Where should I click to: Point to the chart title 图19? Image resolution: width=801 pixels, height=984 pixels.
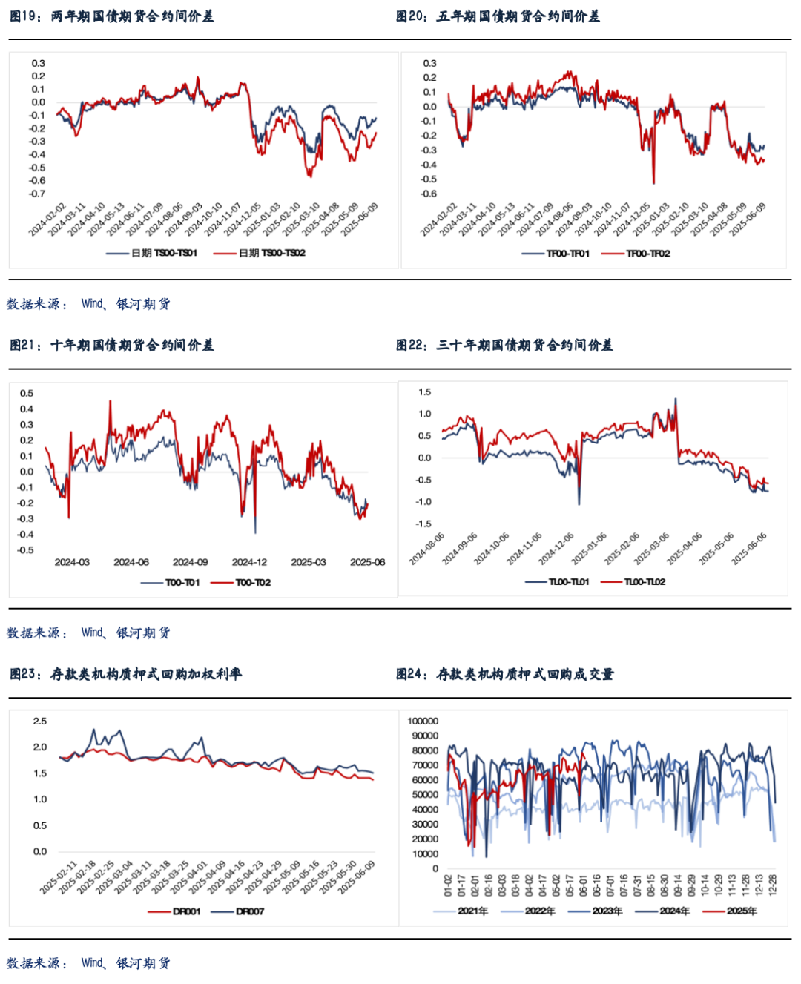[111, 16]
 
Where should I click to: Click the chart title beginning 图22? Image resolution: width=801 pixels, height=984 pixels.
[504, 346]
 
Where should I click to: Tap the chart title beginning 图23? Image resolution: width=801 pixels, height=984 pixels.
[125, 674]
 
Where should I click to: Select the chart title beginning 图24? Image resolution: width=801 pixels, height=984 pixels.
[504, 674]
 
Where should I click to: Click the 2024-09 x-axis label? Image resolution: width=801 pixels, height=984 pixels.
[190, 562]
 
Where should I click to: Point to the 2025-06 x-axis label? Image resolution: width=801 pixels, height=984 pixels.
[367, 562]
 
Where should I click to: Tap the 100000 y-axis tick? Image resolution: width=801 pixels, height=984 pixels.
[423, 721]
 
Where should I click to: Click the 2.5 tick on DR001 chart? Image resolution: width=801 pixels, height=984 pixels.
[39, 721]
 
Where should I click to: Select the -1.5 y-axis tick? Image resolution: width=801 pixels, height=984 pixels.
[423, 524]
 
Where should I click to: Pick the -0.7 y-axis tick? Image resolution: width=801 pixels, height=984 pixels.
[37, 194]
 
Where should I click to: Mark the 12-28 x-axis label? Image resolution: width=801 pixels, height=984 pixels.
[773, 885]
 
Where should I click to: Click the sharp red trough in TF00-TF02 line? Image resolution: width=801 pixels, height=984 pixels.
[653, 182]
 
